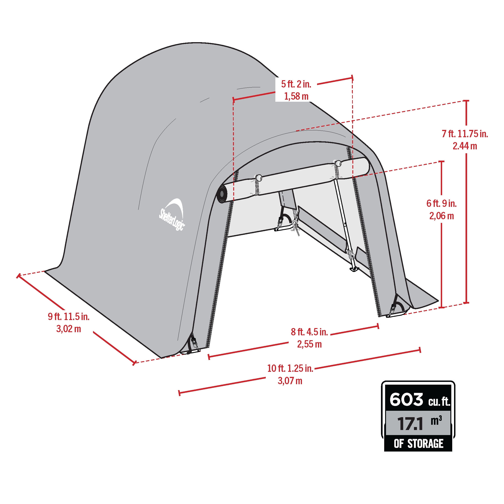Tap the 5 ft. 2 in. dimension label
(x=296, y=84)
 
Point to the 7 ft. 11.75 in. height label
(x=465, y=134)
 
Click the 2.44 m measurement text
(x=465, y=146)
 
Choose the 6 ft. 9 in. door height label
(x=442, y=203)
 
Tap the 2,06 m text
(x=442, y=216)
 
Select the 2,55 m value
(x=310, y=344)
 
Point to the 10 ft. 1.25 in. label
(x=290, y=368)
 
